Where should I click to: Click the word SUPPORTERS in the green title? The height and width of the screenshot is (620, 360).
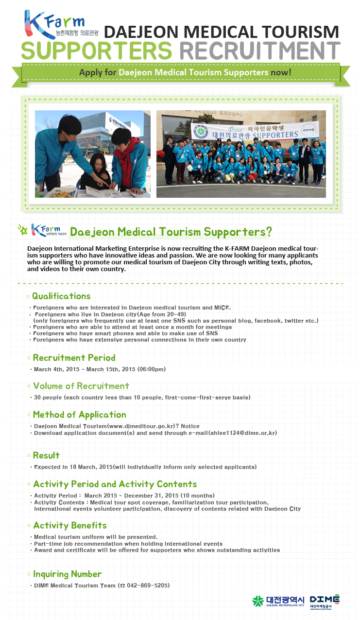click(97, 51)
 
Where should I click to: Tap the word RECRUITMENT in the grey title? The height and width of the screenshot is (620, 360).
click(260, 51)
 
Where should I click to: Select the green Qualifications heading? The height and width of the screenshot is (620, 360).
click(61, 296)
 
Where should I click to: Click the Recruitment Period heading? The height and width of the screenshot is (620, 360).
click(74, 358)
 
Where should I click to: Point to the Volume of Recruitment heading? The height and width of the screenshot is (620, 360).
click(81, 386)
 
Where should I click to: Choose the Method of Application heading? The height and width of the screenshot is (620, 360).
click(79, 414)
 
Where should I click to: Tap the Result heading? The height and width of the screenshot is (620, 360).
click(46, 455)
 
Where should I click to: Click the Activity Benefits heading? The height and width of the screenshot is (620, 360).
click(70, 525)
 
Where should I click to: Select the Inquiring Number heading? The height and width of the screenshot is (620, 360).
click(67, 574)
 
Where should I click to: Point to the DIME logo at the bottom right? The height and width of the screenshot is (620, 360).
click(325, 602)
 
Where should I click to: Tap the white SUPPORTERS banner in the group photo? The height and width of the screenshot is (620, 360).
click(255, 131)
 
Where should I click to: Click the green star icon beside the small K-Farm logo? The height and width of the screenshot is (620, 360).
click(23, 230)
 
